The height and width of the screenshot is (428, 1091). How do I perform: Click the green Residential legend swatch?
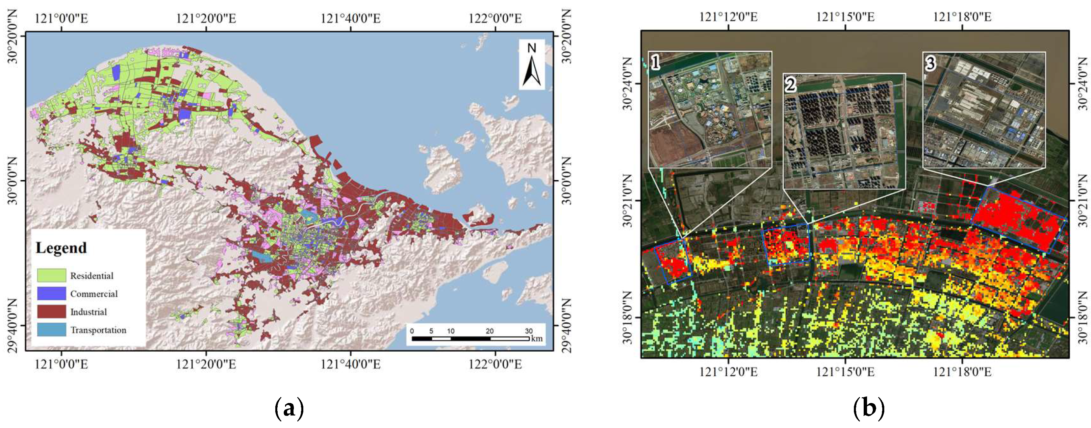coord(51,275)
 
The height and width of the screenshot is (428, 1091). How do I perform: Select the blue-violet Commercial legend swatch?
coord(51,293)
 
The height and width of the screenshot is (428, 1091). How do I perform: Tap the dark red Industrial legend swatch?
coord(51,311)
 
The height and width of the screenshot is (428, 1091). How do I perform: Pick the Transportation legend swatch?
coord(51,330)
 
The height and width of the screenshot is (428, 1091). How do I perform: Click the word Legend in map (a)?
coord(61,248)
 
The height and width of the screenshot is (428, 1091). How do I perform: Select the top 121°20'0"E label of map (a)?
coord(206,18)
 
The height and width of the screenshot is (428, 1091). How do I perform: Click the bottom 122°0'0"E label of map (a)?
coord(495,364)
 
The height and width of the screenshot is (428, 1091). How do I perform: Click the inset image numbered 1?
coord(710,109)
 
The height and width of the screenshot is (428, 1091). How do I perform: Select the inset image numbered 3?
coord(984,109)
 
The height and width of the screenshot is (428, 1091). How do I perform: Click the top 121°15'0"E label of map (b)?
coord(845,17)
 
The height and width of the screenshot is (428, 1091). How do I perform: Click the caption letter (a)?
coord(289,408)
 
